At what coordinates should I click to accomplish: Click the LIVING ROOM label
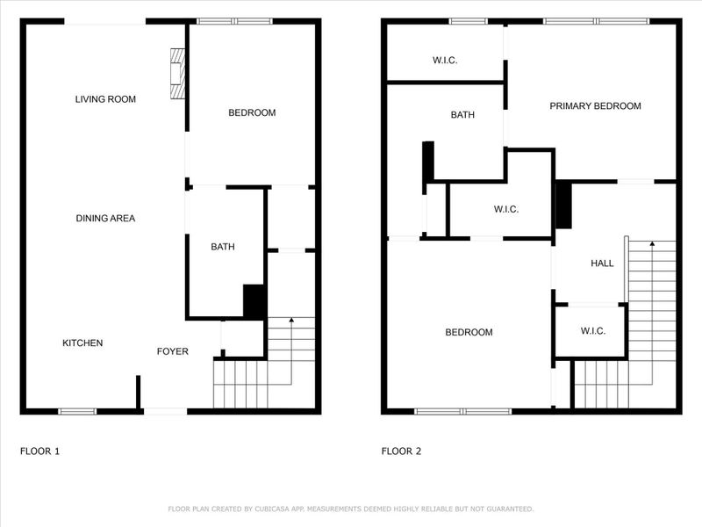(x=105, y=99)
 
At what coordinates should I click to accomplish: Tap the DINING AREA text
(x=105, y=218)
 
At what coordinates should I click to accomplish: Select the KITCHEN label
(x=82, y=343)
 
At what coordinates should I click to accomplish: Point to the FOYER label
(x=173, y=351)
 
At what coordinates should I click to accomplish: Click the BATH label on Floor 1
(x=223, y=247)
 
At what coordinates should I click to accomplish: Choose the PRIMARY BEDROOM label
(x=595, y=106)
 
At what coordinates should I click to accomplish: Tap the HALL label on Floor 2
(x=602, y=263)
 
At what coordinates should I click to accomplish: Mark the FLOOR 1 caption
(x=39, y=451)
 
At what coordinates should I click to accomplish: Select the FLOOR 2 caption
(x=401, y=451)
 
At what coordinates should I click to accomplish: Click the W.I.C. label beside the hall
(x=593, y=331)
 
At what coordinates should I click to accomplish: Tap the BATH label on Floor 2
(x=462, y=115)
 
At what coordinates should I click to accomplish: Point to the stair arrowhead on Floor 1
(x=290, y=322)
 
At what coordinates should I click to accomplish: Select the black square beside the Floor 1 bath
(x=254, y=301)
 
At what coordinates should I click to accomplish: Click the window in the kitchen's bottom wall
(x=77, y=411)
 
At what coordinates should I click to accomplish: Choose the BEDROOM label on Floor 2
(x=469, y=332)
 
